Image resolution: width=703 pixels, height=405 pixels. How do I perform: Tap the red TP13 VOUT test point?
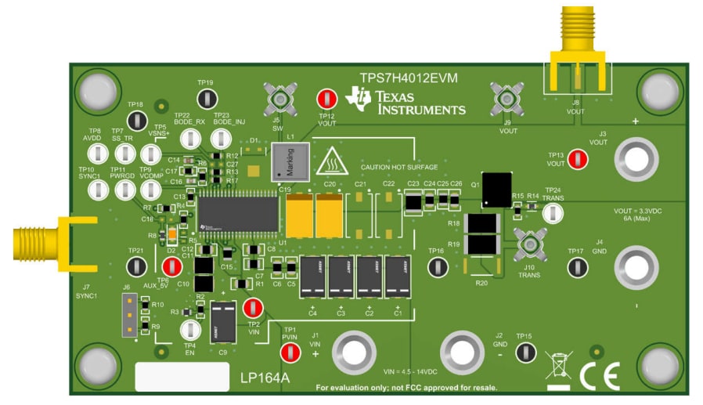[x=578, y=159]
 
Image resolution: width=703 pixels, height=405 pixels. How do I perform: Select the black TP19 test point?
[x=206, y=99]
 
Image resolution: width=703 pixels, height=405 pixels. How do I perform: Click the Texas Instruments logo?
[x=409, y=100]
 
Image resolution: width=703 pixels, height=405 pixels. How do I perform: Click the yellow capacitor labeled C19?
[x=299, y=216]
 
